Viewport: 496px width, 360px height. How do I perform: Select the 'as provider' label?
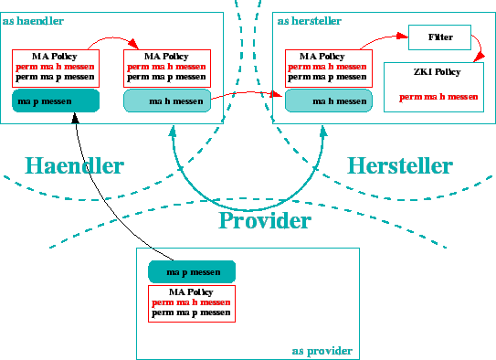click(322, 350)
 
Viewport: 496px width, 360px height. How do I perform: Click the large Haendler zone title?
click(74, 165)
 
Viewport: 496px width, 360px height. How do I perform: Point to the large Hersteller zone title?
click(399, 165)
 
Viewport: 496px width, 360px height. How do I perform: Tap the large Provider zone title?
click(265, 220)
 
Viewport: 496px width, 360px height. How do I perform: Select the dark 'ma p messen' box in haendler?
click(55, 101)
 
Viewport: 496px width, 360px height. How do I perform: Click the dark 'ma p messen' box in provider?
click(192, 271)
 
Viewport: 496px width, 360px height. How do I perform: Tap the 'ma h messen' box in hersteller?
click(329, 101)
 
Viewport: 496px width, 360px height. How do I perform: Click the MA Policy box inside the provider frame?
click(192, 302)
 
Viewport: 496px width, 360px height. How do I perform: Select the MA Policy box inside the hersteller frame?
click(329, 68)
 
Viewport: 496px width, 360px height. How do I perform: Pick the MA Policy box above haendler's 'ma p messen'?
click(55, 68)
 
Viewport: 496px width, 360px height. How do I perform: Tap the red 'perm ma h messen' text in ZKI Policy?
click(438, 97)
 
